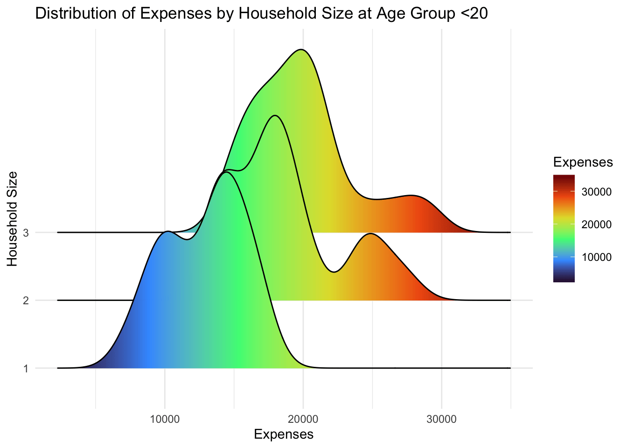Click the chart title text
point(261,14)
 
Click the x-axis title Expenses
point(284,434)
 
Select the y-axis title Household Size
point(13,219)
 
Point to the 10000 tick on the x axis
point(164,419)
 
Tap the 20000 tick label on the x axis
point(303,419)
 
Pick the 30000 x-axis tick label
point(442,419)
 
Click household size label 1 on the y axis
point(26,369)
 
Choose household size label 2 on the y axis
point(26,301)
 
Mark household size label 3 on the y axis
point(26,232)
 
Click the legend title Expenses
point(583,162)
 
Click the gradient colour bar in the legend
point(564,229)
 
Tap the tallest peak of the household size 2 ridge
point(275,115)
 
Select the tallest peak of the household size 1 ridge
point(226,172)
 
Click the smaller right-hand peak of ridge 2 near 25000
point(370,233)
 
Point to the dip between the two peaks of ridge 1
point(187,240)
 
